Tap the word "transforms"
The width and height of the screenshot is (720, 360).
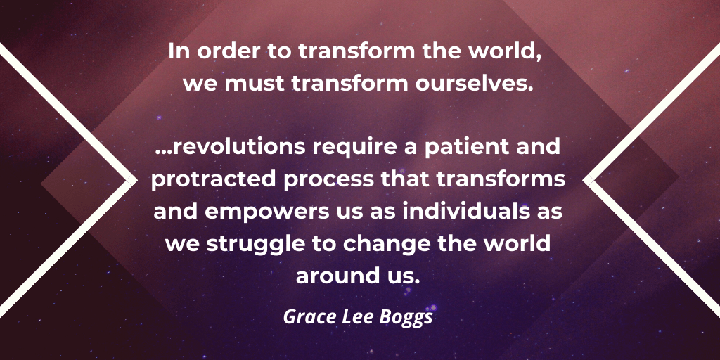click(500, 179)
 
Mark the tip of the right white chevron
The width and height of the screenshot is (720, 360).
click(583, 181)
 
